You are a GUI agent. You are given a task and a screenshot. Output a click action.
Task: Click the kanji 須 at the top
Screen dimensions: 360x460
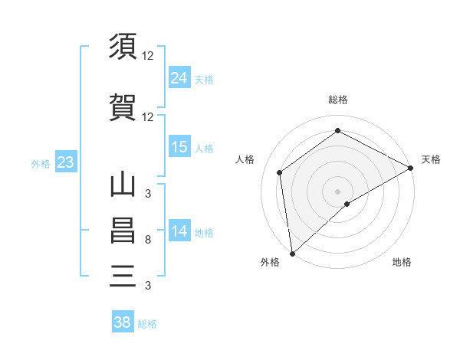click(x=123, y=48)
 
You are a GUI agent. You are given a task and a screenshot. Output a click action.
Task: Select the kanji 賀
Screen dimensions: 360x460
click(x=123, y=108)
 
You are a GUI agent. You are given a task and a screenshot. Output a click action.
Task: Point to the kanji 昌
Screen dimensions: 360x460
click(x=123, y=231)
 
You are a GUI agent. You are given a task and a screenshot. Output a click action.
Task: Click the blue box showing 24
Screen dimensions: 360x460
click(x=179, y=78)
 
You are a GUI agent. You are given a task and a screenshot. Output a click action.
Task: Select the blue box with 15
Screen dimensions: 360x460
click(x=179, y=146)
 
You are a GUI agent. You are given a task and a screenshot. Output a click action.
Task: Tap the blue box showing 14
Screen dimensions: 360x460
click(x=179, y=231)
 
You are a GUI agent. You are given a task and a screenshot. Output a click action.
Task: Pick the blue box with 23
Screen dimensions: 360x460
click(x=65, y=162)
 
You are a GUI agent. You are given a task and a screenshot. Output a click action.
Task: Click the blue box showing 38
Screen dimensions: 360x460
click(x=123, y=322)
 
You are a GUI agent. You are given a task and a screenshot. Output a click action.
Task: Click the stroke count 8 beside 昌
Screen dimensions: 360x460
click(x=147, y=241)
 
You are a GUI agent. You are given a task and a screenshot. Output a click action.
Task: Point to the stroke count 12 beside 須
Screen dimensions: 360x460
click(x=148, y=56)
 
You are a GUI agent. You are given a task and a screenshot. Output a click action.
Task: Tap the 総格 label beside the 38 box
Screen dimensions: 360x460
click(x=147, y=324)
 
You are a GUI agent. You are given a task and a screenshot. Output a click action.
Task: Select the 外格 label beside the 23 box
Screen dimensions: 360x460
click(x=41, y=163)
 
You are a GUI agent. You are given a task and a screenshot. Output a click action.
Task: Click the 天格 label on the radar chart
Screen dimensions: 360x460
click(x=431, y=159)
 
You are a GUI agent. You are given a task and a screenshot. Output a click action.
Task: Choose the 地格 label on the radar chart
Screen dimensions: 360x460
click(x=402, y=262)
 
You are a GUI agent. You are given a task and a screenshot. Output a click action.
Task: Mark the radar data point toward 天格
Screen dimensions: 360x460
click(x=412, y=168)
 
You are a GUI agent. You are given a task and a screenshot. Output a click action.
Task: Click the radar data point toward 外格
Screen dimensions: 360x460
click(x=292, y=253)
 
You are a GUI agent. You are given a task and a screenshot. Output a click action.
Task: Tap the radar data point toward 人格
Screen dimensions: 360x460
click(x=280, y=172)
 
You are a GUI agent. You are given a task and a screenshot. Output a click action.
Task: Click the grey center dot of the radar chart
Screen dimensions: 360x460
click(x=337, y=191)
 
